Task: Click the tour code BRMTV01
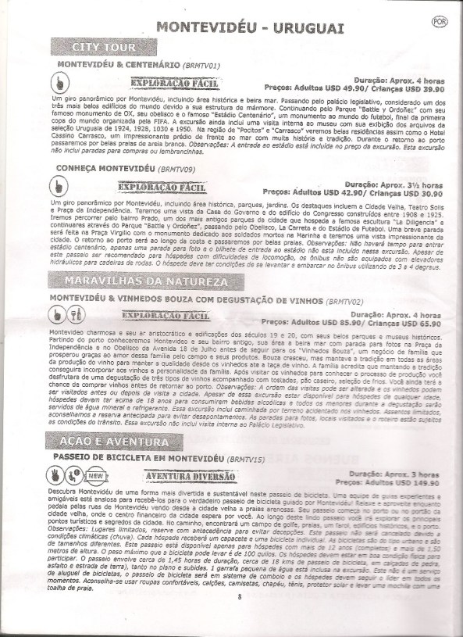205,63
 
